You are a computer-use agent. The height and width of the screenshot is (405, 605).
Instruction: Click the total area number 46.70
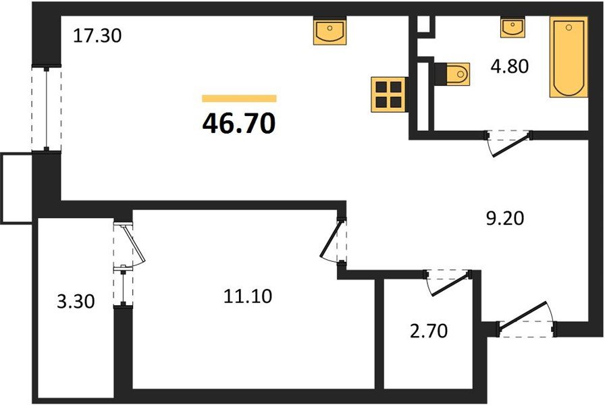239,124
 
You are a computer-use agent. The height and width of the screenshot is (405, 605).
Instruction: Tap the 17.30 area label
97,36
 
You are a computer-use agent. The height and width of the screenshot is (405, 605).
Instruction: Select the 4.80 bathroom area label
509,66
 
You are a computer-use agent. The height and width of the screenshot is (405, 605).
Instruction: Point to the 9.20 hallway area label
504,218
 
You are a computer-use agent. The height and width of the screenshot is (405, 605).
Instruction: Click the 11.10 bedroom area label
248,296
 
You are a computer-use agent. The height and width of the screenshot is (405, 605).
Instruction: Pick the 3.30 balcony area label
76,301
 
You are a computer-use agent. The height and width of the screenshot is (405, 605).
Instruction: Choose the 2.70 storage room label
428,331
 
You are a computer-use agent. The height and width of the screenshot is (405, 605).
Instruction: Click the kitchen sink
330,31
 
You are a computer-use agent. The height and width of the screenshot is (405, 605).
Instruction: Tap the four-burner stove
388,94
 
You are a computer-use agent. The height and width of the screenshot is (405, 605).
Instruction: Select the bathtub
569,57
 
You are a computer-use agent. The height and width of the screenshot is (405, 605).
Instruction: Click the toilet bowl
452,74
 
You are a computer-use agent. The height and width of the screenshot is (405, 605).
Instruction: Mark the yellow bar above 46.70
239,99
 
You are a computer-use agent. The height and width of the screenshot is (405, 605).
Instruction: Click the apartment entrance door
527,319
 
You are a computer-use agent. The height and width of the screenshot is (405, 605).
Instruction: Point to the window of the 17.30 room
47,109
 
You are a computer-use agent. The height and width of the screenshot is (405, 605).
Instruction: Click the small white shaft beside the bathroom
423,25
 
